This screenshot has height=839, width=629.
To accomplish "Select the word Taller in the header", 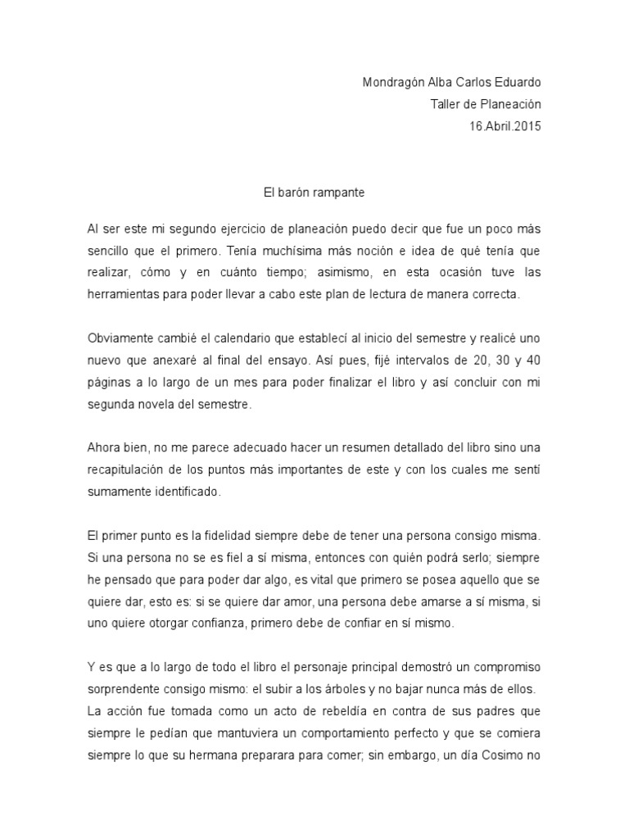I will coord(446,104).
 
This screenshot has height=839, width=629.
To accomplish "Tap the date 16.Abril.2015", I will coord(505,126).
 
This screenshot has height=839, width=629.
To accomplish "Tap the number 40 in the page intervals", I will coord(533,361).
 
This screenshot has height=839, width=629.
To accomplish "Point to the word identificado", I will coord(184,493).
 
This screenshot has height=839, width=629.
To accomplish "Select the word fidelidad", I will coord(250,536).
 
